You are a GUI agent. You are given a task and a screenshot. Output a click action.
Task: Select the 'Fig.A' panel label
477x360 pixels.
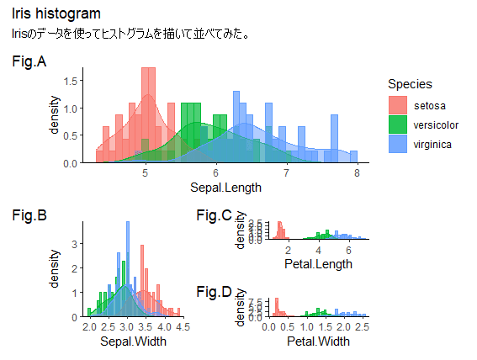coord(29,62)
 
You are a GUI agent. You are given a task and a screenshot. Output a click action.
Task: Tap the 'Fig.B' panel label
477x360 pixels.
coord(29,215)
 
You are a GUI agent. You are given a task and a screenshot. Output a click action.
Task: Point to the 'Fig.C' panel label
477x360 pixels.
coord(213,216)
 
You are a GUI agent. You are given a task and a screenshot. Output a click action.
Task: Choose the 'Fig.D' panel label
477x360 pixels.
coord(213,292)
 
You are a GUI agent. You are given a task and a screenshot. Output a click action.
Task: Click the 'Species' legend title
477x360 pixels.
coord(410,84)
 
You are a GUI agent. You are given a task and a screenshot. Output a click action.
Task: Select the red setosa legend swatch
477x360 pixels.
coord(398,105)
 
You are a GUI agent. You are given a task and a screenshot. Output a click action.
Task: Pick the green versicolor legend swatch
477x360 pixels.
coord(398,124)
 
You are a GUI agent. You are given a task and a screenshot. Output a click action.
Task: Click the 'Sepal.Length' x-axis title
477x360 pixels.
coord(225,187)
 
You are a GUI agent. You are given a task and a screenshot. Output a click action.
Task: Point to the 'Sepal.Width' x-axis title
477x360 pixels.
coord(133,341)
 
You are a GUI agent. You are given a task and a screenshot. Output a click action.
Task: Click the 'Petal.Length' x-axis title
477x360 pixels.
coord(318,264)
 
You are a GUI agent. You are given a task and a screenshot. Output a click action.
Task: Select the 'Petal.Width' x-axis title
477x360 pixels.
coord(318,341)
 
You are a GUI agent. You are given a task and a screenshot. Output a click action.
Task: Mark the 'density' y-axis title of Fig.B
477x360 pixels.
coord(56,268)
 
